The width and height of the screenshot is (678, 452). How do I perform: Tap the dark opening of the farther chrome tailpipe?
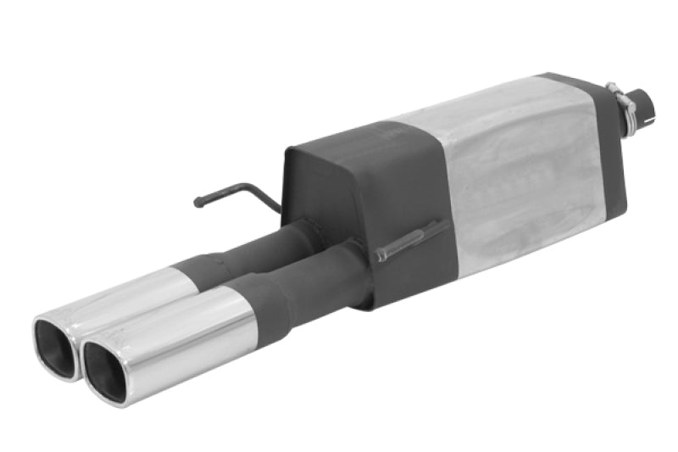(x=56, y=347)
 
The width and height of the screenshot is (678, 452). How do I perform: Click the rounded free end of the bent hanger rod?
(x=198, y=203)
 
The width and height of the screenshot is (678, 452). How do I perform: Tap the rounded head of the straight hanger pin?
(x=381, y=255)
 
